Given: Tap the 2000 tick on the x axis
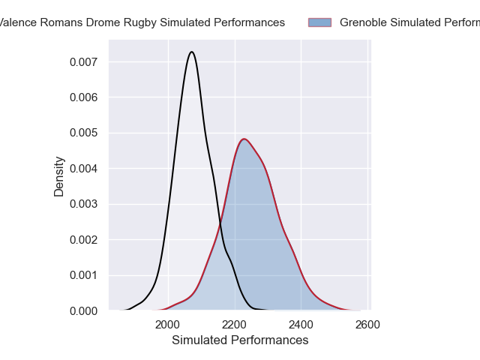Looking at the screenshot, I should [x=168, y=325].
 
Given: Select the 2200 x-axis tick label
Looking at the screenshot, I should [x=235, y=325].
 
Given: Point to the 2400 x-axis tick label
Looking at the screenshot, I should [x=301, y=325].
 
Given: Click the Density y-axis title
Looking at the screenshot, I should [x=59, y=176].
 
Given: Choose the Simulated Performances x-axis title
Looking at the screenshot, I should [x=240, y=340].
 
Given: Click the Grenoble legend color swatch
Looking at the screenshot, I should [x=319, y=22].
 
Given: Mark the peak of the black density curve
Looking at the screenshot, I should [x=193, y=52].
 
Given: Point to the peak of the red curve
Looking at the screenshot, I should [x=244, y=139].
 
